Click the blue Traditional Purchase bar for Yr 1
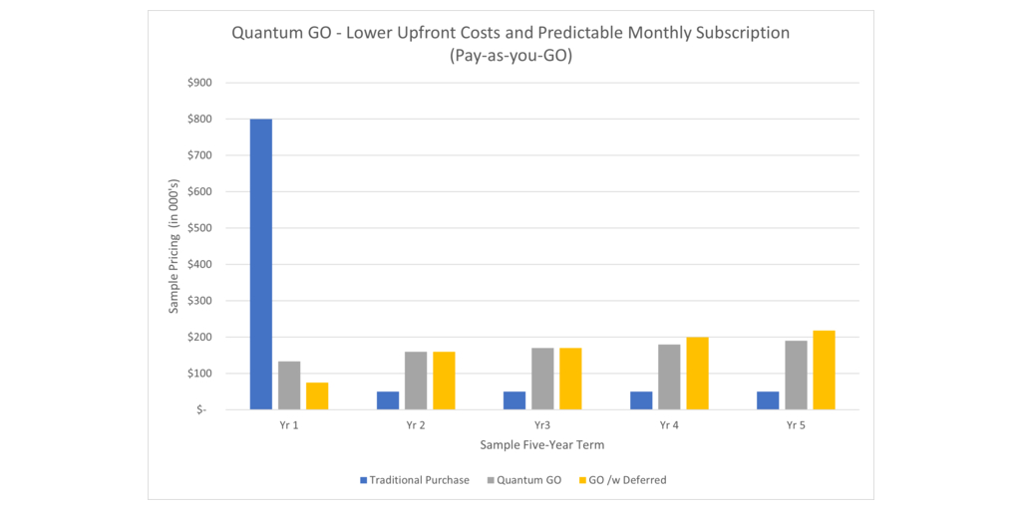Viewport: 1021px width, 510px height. [x=261, y=264]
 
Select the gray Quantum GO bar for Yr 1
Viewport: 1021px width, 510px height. [x=289, y=385]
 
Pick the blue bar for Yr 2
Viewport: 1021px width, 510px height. [x=388, y=400]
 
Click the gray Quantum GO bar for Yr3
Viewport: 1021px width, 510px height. [x=542, y=379]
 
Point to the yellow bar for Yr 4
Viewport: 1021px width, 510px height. [x=697, y=374]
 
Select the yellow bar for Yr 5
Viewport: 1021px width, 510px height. [x=824, y=370]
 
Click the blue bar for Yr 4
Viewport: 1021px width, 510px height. [x=641, y=400]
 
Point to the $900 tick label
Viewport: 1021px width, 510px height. [x=198, y=83]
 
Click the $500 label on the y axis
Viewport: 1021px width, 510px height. [x=198, y=228]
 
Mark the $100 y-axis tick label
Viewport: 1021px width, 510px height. [x=198, y=374]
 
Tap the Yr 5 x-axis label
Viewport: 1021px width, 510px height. [x=796, y=425]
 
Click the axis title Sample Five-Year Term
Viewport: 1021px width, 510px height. [x=542, y=444]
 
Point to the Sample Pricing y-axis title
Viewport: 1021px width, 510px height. [x=174, y=246]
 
